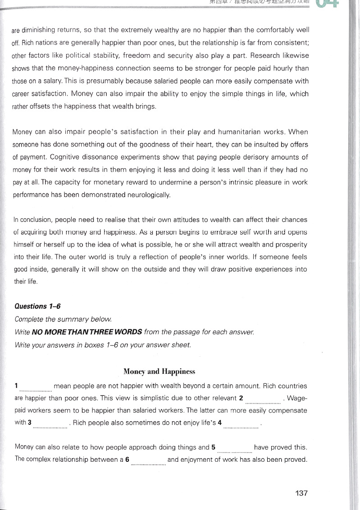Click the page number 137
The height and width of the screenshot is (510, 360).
(301, 493)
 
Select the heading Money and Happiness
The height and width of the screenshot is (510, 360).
(159, 372)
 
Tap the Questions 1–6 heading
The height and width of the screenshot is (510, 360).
(38, 306)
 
